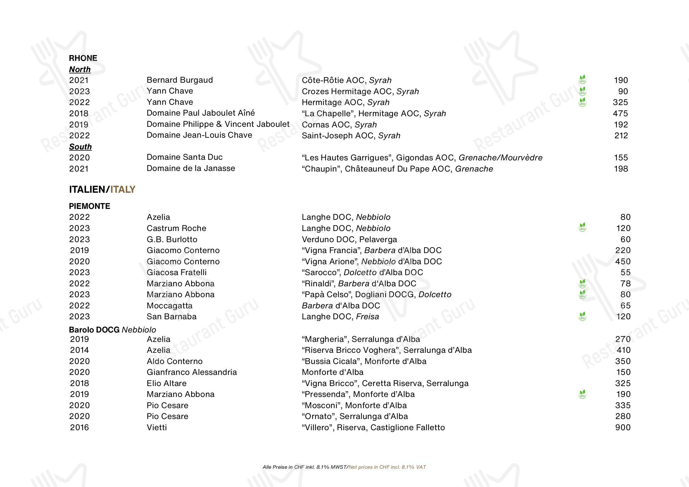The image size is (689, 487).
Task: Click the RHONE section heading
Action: (83, 58)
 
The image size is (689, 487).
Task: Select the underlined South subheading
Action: (80, 147)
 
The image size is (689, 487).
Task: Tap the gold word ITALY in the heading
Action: (123, 190)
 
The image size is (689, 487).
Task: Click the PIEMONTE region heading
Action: (90, 206)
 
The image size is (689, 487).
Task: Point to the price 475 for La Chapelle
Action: (620, 114)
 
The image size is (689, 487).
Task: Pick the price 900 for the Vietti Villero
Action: (623, 428)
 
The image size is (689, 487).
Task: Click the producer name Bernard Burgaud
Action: (180, 80)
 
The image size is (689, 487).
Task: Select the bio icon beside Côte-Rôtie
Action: (582, 80)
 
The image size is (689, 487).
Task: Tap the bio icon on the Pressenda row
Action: (582, 394)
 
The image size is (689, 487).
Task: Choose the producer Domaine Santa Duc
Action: (185, 157)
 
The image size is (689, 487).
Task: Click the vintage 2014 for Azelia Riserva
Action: (79, 350)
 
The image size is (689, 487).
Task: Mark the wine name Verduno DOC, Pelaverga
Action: (349, 239)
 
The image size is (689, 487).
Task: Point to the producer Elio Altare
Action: (167, 383)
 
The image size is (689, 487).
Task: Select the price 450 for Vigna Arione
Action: (623, 262)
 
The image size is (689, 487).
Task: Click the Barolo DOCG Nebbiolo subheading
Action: (112, 330)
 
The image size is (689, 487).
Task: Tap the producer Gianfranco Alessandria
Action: (192, 372)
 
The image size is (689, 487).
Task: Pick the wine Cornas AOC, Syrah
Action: (339, 125)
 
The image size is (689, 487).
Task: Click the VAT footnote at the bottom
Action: (344, 467)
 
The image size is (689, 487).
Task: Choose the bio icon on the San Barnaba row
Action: (582, 316)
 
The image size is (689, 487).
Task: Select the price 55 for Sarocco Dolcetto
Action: (625, 272)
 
